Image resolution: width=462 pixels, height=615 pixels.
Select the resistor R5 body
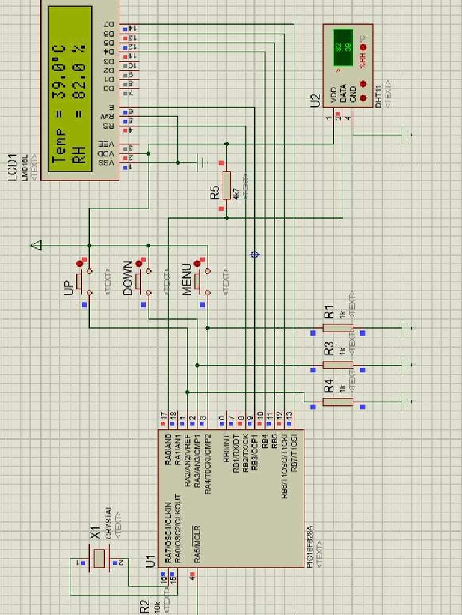pos(226,186)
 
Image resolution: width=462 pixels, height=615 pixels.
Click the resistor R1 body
pos(337,328)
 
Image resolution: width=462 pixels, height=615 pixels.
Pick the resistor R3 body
pos(337,365)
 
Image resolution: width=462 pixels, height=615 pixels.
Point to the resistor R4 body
pos(337,401)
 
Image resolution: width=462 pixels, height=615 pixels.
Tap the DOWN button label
pos(128,278)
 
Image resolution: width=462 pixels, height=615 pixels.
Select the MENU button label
pos(186,279)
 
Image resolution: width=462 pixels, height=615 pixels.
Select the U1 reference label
pos(150,561)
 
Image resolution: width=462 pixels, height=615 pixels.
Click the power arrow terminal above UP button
pos(37,245)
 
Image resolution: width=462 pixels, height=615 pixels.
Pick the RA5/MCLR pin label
pos(197,544)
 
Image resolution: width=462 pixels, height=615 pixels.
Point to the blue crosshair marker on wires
pos(255,255)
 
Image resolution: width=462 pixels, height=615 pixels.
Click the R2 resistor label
pos(144,607)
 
